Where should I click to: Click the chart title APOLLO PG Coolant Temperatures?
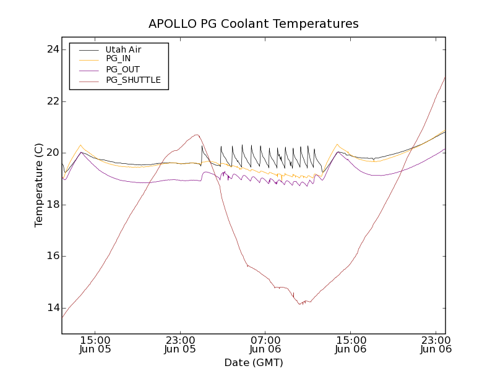[253, 24]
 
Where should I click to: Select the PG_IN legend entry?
[118, 59]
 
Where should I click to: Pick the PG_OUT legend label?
[122, 69]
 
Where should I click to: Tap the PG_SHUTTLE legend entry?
[133, 80]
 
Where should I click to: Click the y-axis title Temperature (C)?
[39, 185]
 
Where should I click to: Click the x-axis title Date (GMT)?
[253, 362]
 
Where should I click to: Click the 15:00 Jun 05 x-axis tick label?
[95, 344]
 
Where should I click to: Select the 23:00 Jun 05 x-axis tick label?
[181, 344]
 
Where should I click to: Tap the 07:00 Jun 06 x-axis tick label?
[265, 344]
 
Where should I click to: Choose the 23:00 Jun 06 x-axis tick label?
[436, 344]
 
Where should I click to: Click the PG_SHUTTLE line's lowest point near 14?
[299, 304]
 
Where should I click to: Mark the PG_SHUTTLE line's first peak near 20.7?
[196, 135]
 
